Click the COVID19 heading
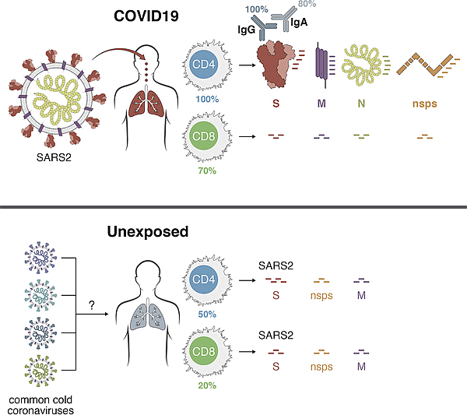pyautogui.click(x=146, y=16)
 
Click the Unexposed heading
pyautogui.click(x=148, y=232)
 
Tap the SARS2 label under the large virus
pyautogui.click(x=54, y=157)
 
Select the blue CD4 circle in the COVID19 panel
pyautogui.click(x=204, y=65)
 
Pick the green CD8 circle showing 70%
pyautogui.click(x=204, y=136)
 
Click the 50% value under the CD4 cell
pyautogui.click(x=207, y=315)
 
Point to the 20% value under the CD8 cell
pyautogui.click(x=207, y=385)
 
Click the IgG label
pyautogui.click(x=246, y=30)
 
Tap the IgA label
pyautogui.click(x=299, y=23)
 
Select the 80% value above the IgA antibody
pyautogui.click(x=307, y=4)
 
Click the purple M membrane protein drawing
pyautogui.click(x=322, y=65)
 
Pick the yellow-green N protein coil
pyautogui.click(x=363, y=65)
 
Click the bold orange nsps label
pyautogui.click(x=425, y=104)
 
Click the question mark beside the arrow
pyautogui.click(x=92, y=305)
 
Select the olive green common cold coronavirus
pyautogui.click(x=40, y=371)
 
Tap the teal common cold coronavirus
pyautogui.click(x=40, y=295)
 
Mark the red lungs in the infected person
pyautogui.click(x=146, y=104)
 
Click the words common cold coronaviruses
pyautogui.click(x=40, y=405)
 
